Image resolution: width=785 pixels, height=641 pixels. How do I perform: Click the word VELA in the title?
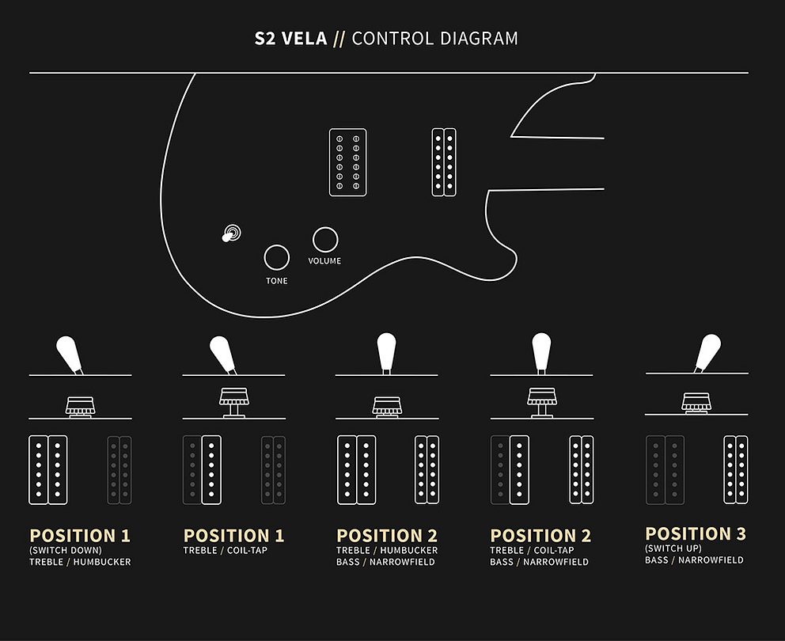click(x=305, y=39)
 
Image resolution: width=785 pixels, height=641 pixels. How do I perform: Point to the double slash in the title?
click(x=339, y=39)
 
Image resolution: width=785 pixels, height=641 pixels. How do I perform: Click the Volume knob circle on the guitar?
click(x=325, y=240)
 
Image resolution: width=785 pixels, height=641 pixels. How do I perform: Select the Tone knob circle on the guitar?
click(x=277, y=258)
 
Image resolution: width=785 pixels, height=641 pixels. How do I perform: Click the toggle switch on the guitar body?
click(x=231, y=233)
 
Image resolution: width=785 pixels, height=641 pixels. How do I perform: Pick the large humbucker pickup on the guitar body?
click(x=348, y=162)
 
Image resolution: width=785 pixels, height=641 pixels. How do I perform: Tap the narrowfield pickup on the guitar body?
click(x=444, y=162)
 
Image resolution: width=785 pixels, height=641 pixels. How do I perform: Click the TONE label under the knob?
click(x=277, y=281)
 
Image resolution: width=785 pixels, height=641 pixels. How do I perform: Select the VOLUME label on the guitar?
click(x=324, y=261)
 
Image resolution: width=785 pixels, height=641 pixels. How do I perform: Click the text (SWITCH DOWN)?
click(x=66, y=550)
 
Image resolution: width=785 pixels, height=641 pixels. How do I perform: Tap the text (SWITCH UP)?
click(x=673, y=548)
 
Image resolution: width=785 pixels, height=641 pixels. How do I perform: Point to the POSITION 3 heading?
click(x=696, y=534)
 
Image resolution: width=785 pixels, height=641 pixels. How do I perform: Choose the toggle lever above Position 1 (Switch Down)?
click(x=69, y=355)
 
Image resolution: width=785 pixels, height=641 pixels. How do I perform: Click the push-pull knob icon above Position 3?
click(x=696, y=403)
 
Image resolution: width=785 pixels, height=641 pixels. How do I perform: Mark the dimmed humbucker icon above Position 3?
click(x=666, y=470)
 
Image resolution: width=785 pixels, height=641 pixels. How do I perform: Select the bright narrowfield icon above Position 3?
click(x=736, y=470)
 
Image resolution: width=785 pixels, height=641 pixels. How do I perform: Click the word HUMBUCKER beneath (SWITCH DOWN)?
click(x=102, y=562)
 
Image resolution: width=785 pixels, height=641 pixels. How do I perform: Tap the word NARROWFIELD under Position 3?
click(x=711, y=559)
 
